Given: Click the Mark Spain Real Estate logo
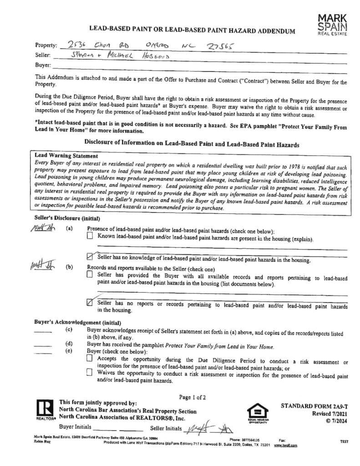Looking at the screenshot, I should [x=332, y=24].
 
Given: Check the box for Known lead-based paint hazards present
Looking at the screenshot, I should [x=89, y=237].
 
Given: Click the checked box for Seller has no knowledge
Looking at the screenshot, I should [x=90, y=257].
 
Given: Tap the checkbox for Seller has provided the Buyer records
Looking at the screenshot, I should [x=89, y=274].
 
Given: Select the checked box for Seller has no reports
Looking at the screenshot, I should [x=90, y=302].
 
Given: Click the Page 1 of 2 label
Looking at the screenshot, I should [x=193, y=397].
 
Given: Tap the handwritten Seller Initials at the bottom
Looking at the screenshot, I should [x=207, y=429].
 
